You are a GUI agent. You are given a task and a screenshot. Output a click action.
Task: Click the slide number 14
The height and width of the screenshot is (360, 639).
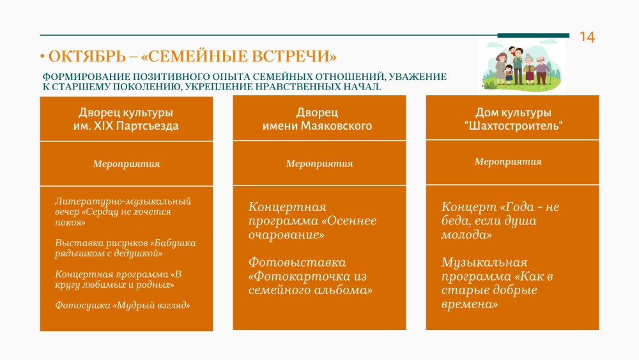pyautogui.click(x=587, y=37)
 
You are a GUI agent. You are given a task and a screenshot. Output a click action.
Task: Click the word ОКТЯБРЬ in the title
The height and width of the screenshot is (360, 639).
pyautogui.click(x=87, y=56)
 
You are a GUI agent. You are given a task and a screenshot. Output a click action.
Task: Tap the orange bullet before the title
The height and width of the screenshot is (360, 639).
pyautogui.click(x=42, y=56)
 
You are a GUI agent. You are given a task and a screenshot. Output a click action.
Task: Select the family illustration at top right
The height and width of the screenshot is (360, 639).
pyautogui.click(x=521, y=65)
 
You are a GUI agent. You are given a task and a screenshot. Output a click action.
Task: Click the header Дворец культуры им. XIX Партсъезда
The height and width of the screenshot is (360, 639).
pyautogui.click(x=126, y=119)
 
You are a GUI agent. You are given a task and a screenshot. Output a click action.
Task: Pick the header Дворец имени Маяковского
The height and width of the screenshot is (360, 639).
pyautogui.click(x=317, y=119)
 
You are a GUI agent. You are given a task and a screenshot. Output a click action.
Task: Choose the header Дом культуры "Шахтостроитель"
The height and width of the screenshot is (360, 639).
pyautogui.click(x=513, y=119)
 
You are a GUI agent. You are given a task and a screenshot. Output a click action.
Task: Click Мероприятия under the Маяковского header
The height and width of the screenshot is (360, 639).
pyautogui.click(x=319, y=164)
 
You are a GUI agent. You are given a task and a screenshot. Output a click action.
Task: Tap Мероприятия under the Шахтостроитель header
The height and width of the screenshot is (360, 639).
pyautogui.click(x=508, y=161)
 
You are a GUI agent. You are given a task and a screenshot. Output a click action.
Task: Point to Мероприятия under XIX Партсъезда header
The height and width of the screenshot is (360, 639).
pyautogui.click(x=127, y=164)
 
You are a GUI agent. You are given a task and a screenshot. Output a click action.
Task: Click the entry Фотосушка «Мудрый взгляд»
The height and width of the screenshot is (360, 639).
pyautogui.click(x=123, y=305)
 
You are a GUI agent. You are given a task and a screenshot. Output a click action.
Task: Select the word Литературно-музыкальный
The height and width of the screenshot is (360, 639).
pyautogui.click(x=123, y=201)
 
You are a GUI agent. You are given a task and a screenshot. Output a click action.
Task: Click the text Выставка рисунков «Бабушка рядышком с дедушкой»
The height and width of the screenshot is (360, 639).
pyautogui.click(x=125, y=248)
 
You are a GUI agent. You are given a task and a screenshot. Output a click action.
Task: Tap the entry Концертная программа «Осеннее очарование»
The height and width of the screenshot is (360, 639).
pyautogui.click(x=312, y=221)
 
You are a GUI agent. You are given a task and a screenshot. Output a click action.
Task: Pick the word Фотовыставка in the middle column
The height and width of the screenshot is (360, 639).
pyautogui.click(x=297, y=262)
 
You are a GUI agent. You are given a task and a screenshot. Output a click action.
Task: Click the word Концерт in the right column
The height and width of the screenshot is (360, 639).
pyautogui.click(x=469, y=207)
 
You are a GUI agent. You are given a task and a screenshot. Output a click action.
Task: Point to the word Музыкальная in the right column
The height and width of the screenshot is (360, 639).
pyautogui.click(x=484, y=262)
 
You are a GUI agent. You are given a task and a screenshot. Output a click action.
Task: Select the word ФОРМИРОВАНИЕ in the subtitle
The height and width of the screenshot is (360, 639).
pyautogui.click(x=86, y=77)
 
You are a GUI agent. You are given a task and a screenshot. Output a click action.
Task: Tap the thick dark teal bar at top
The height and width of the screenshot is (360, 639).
pyautogui.click(x=534, y=35)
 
